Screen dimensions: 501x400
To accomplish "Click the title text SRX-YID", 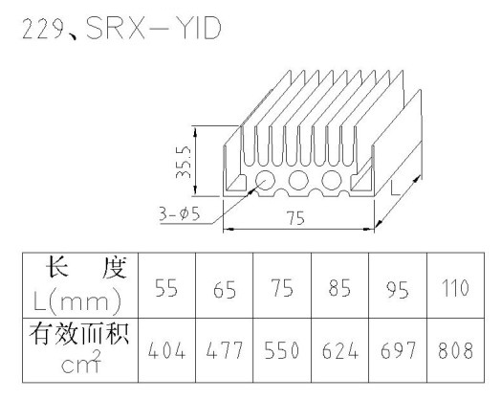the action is click(x=154, y=29).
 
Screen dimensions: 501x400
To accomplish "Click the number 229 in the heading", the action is click(x=42, y=30).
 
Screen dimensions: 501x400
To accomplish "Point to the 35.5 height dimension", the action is click(x=183, y=162).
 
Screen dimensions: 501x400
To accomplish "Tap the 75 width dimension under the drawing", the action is click(x=296, y=218).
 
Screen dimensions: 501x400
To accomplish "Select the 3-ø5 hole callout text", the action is click(x=180, y=213).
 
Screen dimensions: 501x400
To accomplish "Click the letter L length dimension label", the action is click(x=395, y=188).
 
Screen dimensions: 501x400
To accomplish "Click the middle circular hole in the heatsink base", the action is click(x=298, y=180).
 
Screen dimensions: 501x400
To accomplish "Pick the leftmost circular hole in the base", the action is click(x=265, y=180).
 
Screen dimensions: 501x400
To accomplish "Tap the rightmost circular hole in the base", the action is click(x=332, y=180).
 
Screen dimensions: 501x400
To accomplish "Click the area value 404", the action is click(x=166, y=350).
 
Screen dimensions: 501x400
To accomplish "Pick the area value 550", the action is click(x=281, y=350).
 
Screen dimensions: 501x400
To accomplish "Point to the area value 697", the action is click(x=398, y=350).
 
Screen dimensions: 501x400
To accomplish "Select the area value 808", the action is click(x=455, y=350).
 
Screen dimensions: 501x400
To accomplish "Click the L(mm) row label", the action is click(x=77, y=301).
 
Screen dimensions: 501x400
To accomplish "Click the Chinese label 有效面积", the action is click(x=79, y=334).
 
